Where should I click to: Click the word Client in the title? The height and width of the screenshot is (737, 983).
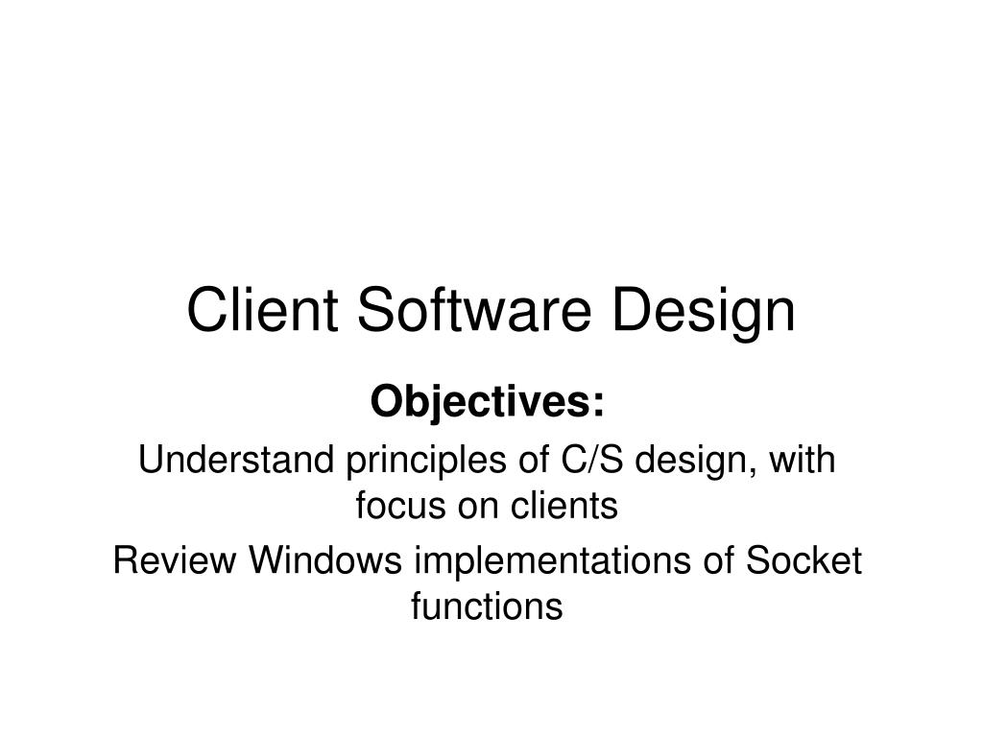pyautogui.click(x=263, y=310)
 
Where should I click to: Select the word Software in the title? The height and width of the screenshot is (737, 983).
pyautogui.click(x=474, y=310)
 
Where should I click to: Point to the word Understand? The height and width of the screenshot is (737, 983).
pyautogui.click(x=236, y=460)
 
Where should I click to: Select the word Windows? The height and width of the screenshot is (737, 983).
pyautogui.click(x=325, y=559)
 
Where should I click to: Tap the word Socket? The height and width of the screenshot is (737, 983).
pyautogui.click(x=803, y=559)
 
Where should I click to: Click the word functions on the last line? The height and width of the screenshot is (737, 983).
pyautogui.click(x=487, y=606)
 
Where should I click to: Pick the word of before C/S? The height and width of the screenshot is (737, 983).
pyautogui.click(x=530, y=460)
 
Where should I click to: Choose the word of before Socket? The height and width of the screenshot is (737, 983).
pyautogui.click(x=718, y=559)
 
